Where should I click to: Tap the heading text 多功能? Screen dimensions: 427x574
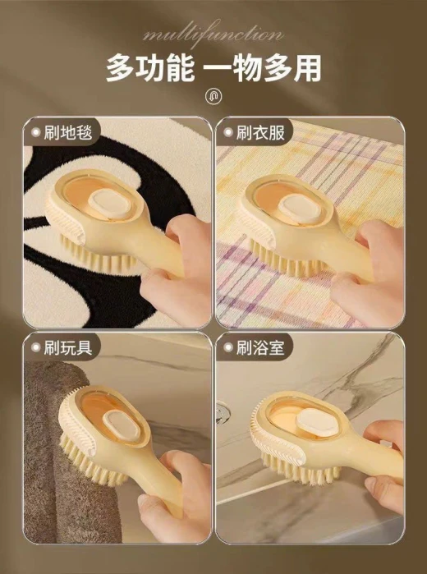coord(150,68)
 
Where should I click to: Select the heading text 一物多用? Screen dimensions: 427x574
coord(263,68)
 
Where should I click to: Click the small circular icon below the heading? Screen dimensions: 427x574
coord(213,97)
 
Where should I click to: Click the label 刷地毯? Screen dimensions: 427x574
coord(68,132)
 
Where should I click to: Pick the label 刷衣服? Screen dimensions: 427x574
coord(260,132)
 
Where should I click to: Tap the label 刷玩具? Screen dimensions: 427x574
coord(68,347)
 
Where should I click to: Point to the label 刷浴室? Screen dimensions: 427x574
coord(260,347)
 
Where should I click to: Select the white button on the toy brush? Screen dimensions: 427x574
coord(121,425)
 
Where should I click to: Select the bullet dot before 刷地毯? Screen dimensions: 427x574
coord(35,132)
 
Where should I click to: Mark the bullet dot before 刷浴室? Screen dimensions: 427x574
coord(228,348)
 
